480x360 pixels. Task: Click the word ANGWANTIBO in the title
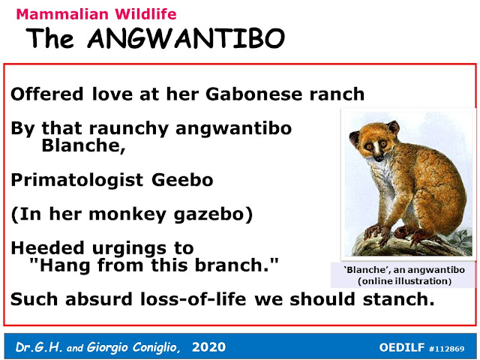[186, 38]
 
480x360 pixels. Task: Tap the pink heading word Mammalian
[62, 14]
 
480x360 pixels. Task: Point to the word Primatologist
[76, 180]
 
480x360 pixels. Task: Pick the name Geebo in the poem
[182, 180]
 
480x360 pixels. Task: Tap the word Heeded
[47, 247]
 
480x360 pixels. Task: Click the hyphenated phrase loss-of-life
[193, 299]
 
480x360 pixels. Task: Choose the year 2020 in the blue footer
[208, 347]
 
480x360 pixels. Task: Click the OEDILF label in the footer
[402, 347]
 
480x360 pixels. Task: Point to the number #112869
[447, 348]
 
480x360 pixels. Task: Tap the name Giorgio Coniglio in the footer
[132, 347]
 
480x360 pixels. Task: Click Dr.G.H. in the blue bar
[39, 347]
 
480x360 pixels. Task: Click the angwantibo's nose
[379, 158]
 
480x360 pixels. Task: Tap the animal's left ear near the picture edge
[354, 138]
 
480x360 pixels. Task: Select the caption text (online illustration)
[404, 281]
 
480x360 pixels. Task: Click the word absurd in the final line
[98, 299]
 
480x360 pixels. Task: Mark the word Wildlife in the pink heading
[145, 14]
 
